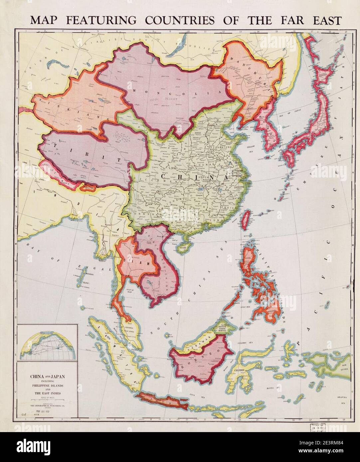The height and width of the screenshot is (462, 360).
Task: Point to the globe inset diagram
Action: pyautogui.click(x=47, y=344)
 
